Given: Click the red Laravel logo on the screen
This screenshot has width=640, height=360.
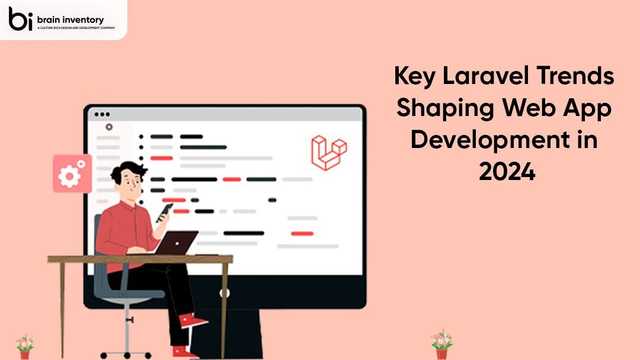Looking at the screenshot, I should point(327,151).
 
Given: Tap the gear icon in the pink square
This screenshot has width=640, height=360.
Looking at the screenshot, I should point(70,176).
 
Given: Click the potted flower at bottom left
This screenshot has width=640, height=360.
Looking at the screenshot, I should point(24,345).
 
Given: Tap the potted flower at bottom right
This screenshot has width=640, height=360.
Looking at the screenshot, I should point(441,343).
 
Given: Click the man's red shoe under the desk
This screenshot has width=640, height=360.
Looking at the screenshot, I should point(194,322).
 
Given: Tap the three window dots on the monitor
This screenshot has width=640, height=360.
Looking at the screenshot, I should point(102,115).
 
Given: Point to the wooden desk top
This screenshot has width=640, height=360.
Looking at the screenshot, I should point(140,259).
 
